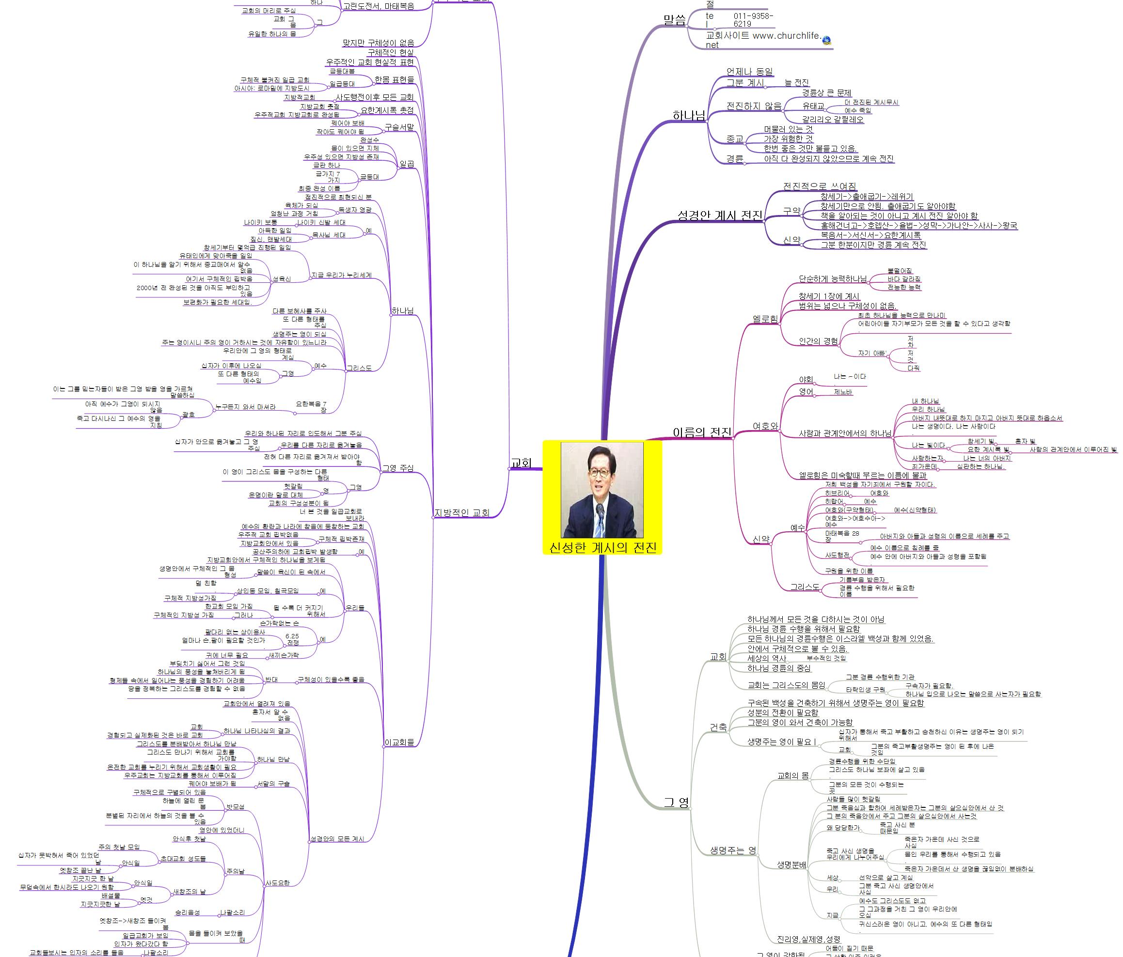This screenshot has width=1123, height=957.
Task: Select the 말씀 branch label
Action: [x=674, y=20]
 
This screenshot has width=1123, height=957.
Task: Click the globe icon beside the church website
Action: [x=826, y=40]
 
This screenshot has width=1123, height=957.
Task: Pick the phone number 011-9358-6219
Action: [x=753, y=20]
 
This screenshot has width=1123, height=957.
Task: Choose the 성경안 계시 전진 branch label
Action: [x=719, y=216]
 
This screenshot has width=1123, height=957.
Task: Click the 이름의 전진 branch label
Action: [x=702, y=432]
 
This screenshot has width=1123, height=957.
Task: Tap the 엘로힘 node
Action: [x=765, y=319]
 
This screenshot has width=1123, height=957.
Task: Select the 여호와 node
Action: [x=765, y=426]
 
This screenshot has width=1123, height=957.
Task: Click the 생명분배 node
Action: [x=791, y=864]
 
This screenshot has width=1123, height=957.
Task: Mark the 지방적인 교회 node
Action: [x=461, y=512]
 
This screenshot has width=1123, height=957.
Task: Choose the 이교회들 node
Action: [x=399, y=742]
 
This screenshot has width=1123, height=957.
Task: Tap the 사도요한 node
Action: [x=277, y=883]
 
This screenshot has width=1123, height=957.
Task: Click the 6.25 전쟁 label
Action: [x=292, y=639]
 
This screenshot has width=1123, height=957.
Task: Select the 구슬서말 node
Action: [x=399, y=127]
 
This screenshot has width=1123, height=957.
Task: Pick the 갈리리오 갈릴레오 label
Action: [x=833, y=120]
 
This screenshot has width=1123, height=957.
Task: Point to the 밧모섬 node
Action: [x=235, y=807]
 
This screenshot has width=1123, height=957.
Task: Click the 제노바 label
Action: [x=843, y=392]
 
